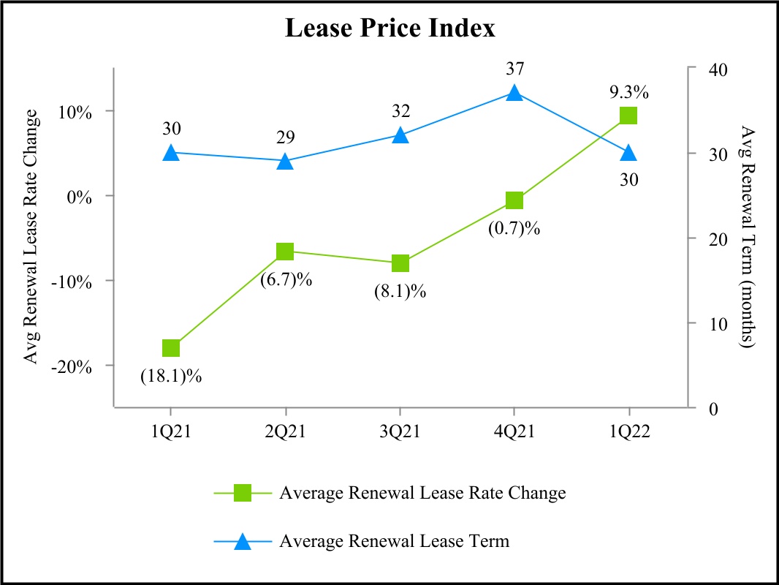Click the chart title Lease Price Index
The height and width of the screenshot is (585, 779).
point(389,29)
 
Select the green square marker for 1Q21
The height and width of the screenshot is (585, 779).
point(171,348)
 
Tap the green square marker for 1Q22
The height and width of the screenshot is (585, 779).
point(628,116)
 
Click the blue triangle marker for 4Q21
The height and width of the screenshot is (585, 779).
point(514,93)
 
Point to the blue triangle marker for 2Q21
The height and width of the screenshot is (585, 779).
point(285,161)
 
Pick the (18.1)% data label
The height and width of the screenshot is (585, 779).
point(171,377)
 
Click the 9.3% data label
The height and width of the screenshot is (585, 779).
point(628,93)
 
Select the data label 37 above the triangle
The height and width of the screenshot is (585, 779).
point(514,69)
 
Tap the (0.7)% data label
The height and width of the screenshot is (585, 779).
point(514,228)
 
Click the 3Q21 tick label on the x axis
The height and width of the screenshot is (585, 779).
point(400,431)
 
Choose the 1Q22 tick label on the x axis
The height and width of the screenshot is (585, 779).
point(628,431)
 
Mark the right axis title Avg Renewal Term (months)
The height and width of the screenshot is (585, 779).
point(747,236)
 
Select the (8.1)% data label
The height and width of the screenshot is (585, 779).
point(400,291)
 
